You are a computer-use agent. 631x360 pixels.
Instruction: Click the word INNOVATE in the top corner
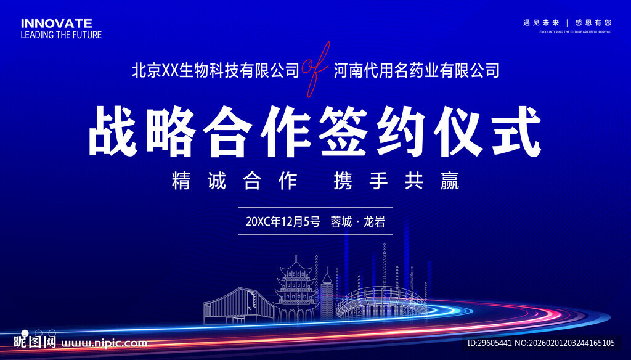tap(57, 23)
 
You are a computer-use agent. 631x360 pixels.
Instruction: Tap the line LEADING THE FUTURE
tap(61, 35)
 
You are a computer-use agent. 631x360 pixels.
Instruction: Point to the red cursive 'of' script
tap(315, 69)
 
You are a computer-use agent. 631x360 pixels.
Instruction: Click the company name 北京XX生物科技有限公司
tap(215, 70)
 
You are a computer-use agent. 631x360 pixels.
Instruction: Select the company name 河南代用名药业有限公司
tap(416, 70)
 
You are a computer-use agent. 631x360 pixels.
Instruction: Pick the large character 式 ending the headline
tap(515, 132)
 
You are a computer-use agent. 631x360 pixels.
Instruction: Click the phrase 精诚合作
tap(235, 181)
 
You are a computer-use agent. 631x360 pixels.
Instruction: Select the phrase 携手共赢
tap(396, 181)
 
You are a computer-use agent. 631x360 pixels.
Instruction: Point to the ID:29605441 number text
tap(489, 343)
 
